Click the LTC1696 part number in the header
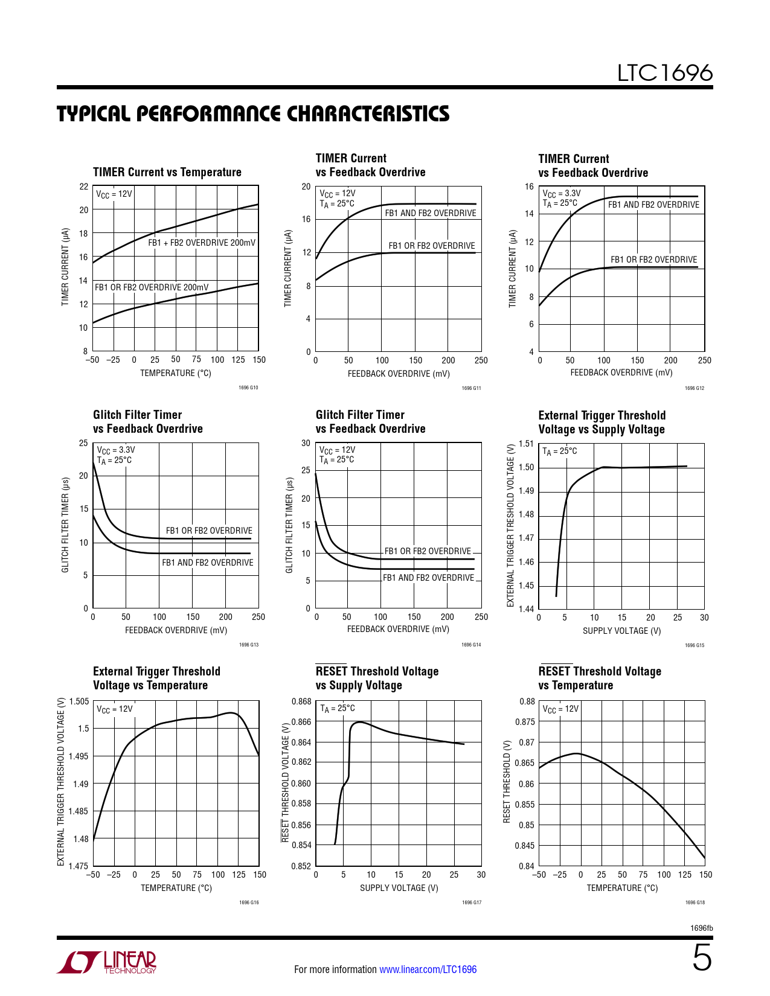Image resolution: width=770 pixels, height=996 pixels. (664, 73)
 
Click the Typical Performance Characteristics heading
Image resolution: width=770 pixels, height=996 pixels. (253, 113)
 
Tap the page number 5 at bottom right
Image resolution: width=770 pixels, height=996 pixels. (701, 958)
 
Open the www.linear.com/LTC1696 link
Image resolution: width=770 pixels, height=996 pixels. (428, 969)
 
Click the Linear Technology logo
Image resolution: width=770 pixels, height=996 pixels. (107, 962)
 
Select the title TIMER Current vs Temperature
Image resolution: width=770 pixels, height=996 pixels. (167, 172)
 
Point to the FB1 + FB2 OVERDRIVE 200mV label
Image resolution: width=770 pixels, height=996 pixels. (202, 243)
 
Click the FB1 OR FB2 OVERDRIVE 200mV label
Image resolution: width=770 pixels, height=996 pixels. (152, 287)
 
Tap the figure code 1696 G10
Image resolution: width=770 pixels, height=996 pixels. (248, 388)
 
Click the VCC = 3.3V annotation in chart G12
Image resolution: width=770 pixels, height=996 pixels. (562, 194)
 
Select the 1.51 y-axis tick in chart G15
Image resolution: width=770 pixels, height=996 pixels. (526, 444)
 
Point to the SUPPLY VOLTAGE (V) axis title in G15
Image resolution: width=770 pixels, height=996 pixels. (621, 631)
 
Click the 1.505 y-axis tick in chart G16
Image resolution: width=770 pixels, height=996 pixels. (79, 701)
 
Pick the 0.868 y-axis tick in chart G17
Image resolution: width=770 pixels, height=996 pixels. (301, 701)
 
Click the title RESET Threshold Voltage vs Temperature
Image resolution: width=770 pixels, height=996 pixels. (599, 678)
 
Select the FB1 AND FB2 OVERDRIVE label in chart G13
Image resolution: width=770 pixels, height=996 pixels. (208, 563)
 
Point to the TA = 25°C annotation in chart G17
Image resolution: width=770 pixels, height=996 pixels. (338, 708)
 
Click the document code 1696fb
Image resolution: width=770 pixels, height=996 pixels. (701, 928)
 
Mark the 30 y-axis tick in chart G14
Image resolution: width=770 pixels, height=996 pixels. (306, 443)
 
